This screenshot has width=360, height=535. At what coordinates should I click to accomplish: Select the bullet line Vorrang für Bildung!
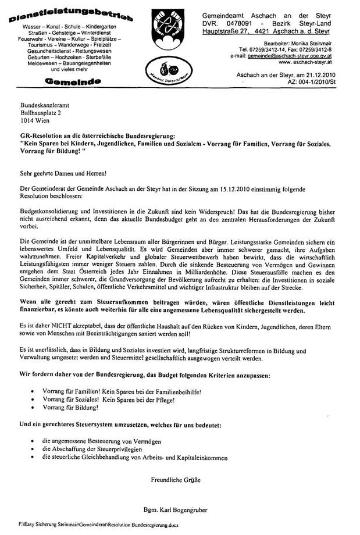click(67, 408)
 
